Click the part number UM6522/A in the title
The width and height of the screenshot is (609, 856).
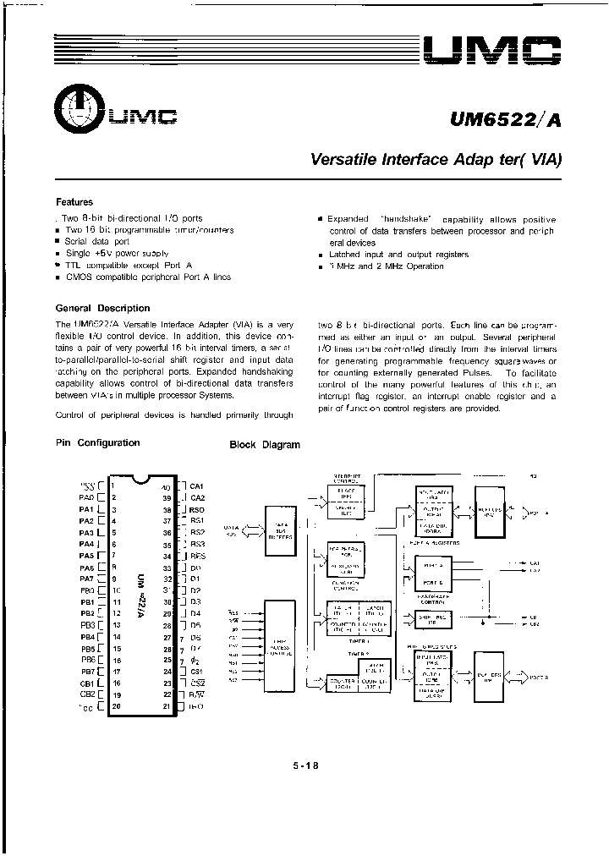[x=504, y=120]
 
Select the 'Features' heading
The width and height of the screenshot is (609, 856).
[x=74, y=202]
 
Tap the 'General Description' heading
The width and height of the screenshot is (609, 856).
[x=102, y=308]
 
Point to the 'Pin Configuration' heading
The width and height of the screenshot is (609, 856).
[x=97, y=442]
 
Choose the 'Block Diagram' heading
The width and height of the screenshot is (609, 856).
[x=265, y=445]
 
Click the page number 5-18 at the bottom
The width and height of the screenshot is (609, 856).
[x=305, y=766]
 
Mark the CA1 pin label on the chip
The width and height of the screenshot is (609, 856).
[x=197, y=486]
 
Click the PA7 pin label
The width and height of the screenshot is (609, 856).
[x=86, y=579]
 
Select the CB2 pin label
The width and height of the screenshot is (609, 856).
[x=86, y=694]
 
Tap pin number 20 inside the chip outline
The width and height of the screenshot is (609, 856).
[x=115, y=705]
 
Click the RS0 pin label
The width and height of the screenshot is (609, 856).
[x=197, y=510]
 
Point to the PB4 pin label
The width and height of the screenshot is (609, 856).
[x=87, y=636]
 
